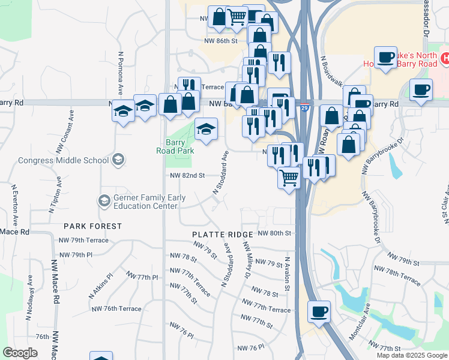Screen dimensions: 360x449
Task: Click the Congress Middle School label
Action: [x=63, y=160]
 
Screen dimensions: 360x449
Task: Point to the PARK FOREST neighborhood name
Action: [x=93, y=227]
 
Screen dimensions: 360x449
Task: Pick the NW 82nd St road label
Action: [x=188, y=176]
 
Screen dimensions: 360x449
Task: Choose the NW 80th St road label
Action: [x=274, y=233]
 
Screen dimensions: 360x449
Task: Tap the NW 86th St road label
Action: [x=221, y=41]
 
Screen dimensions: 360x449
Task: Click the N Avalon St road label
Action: [x=288, y=274]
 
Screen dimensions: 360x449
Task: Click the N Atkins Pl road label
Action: [x=100, y=287]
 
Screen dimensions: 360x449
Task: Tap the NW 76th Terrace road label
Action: [x=116, y=309]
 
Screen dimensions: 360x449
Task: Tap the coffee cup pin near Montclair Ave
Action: [x=319, y=312]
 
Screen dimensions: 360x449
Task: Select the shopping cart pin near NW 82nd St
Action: [x=289, y=178]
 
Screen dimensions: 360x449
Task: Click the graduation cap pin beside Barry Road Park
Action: [x=206, y=129]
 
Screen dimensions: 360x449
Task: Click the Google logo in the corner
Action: [x=20, y=353]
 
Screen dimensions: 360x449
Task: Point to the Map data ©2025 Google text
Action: [x=411, y=355]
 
